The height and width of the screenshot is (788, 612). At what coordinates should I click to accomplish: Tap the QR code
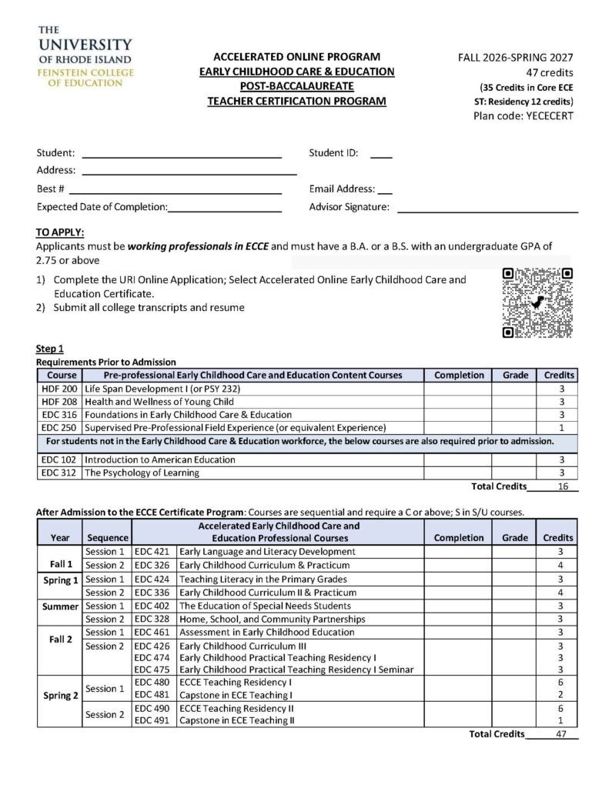(x=537, y=302)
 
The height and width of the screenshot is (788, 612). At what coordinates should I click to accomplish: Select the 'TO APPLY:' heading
(x=60, y=232)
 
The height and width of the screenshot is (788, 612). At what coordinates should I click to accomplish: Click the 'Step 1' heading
(x=50, y=349)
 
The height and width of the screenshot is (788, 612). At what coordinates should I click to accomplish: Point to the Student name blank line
(x=182, y=153)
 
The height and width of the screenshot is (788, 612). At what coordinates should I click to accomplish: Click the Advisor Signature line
(x=487, y=207)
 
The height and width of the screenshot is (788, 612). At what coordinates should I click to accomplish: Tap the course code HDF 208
(x=59, y=402)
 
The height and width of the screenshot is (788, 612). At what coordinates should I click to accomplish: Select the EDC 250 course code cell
(x=59, y=427)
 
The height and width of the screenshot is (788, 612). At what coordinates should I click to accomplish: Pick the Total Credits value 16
(x=563, y=486)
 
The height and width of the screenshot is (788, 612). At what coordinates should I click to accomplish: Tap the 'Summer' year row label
(x=60, y=606)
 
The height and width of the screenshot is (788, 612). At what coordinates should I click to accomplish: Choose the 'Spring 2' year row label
(x=60, y=696)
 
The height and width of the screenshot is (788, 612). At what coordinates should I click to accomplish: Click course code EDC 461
(x=152, y=632)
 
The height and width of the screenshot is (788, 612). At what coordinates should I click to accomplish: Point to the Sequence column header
(x=107, y=537)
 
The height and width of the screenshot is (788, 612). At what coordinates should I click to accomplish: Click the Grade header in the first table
(x=515, y=375)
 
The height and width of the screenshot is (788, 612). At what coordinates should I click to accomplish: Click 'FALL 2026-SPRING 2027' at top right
(x=515, y=57)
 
